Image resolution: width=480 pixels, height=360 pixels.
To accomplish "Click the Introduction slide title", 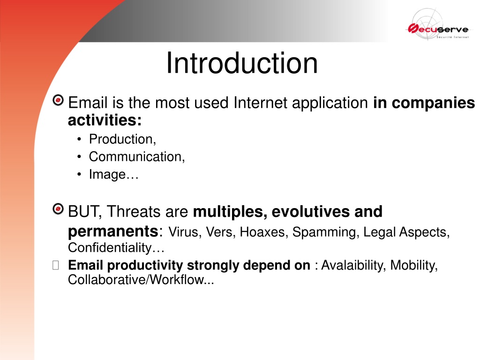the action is tap(242, 63).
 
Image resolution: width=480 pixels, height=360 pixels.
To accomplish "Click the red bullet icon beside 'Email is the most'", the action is tap(58, 100).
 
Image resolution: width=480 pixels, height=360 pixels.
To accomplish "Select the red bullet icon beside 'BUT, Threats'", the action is tap(58, 209).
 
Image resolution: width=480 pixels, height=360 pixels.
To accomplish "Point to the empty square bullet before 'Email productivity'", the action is tap(56, 265).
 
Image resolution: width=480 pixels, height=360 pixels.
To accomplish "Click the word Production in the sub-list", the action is tap(122, 139).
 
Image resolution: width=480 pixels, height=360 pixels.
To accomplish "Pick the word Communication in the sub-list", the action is tap(136, 157).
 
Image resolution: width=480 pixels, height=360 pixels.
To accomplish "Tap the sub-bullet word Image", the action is tap(107, 175).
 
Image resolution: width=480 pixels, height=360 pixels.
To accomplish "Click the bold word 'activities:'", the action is tap(105, 120).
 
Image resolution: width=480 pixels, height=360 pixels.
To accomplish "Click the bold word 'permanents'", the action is tap(113, 232).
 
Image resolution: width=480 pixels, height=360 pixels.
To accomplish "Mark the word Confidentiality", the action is tap(110, 247).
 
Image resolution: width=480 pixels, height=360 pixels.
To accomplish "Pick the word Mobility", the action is tap(414, 265).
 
